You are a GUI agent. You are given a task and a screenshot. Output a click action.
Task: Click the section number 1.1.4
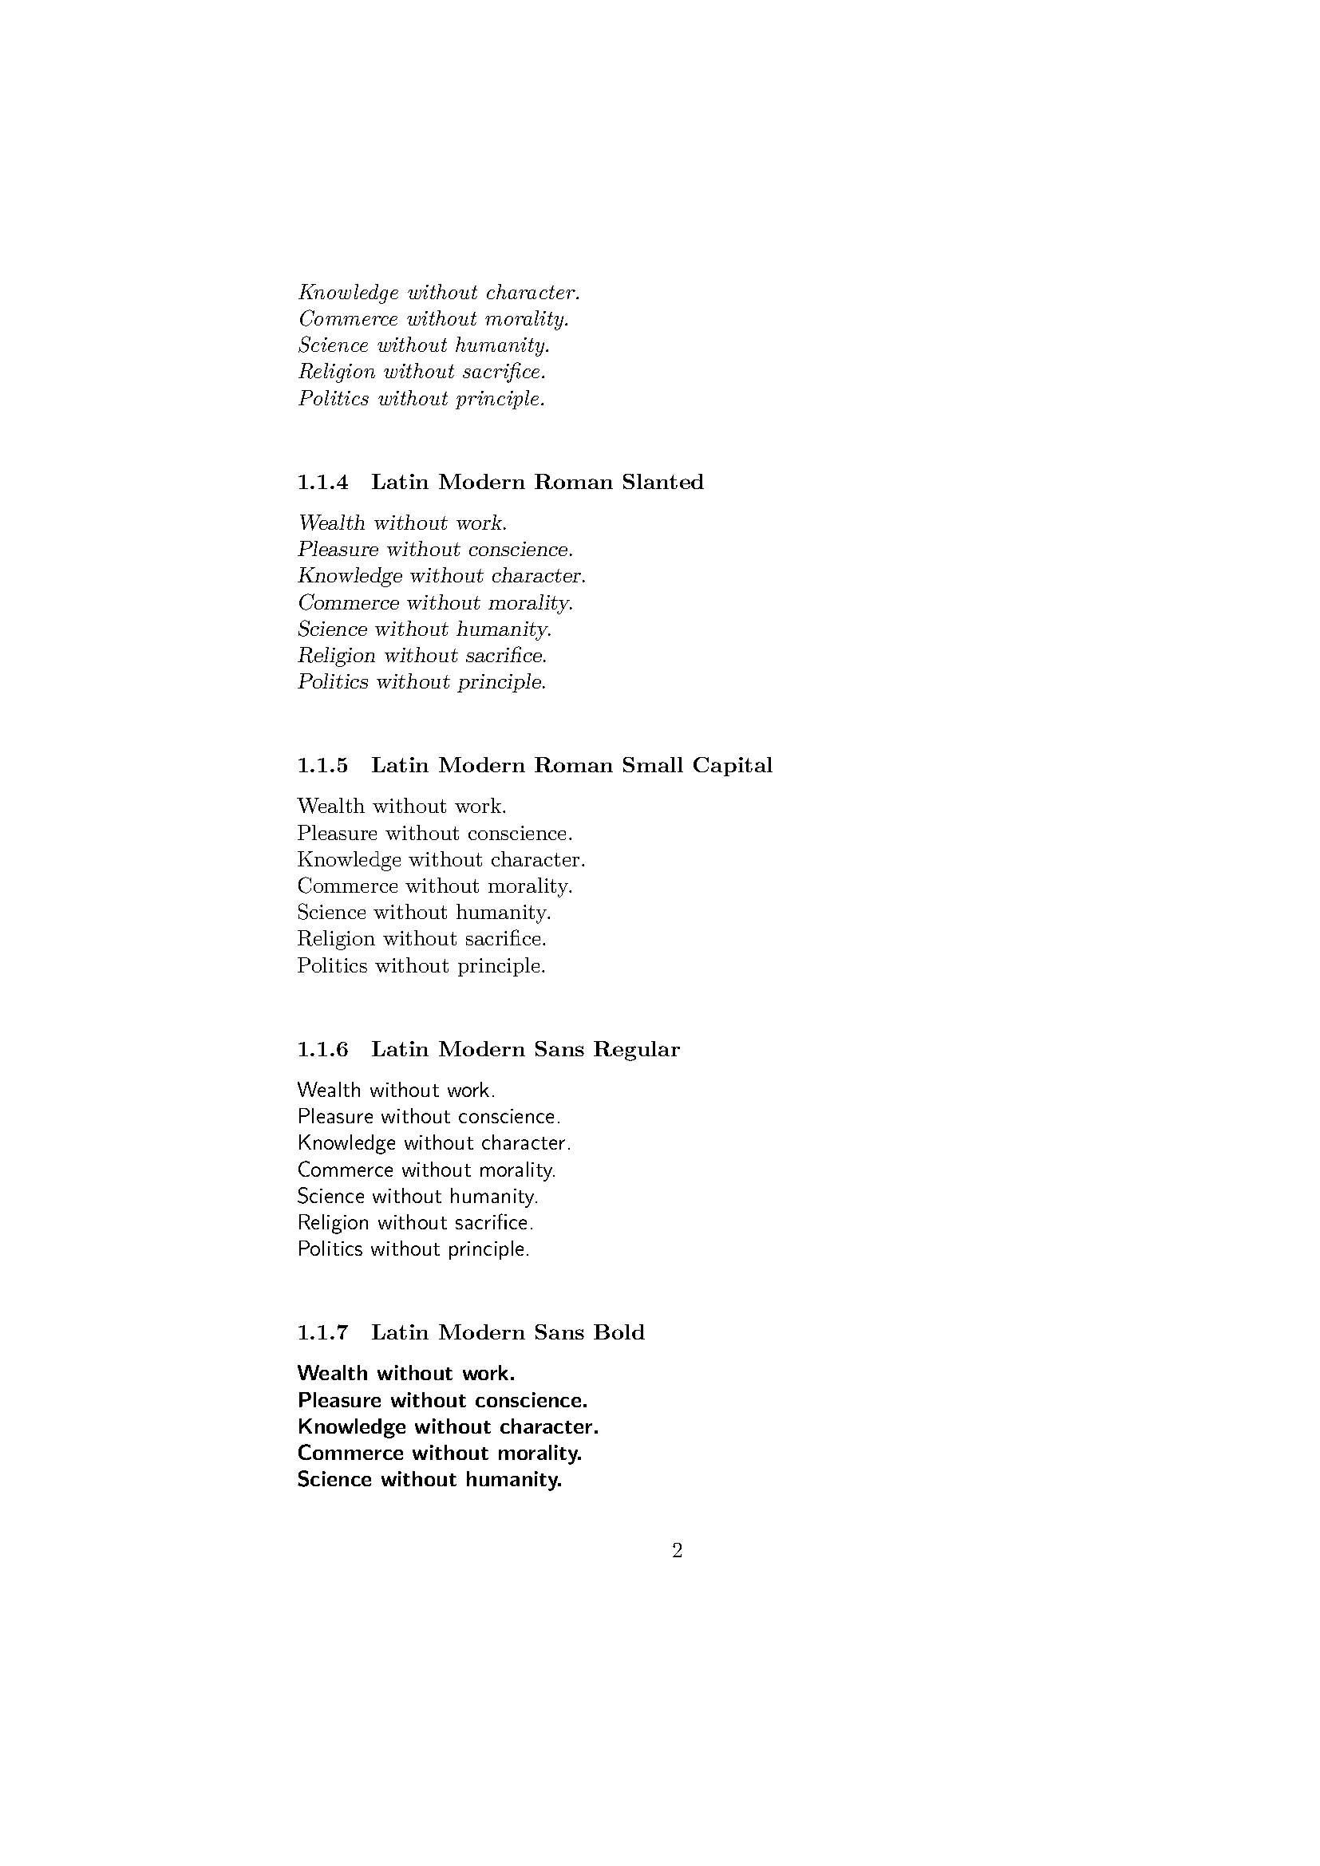322,483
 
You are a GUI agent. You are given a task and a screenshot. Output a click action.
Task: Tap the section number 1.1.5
322,766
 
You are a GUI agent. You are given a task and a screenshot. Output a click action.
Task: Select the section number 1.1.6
322,1050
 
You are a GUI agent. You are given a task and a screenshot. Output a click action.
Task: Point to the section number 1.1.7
322,1333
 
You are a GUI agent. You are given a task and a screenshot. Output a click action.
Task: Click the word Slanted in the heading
662,483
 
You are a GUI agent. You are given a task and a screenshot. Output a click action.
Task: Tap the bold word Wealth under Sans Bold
333,1374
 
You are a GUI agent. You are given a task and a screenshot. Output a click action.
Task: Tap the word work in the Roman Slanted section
481,523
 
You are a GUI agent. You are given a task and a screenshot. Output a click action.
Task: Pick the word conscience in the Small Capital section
520,834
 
